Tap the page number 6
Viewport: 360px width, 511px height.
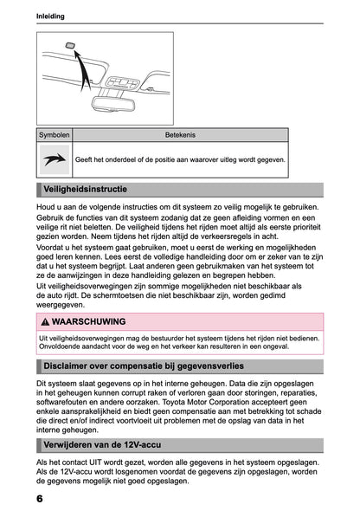coord(40,500)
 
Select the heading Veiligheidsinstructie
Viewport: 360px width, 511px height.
coord(86,189)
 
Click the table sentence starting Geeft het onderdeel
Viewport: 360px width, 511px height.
coord(180,159)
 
